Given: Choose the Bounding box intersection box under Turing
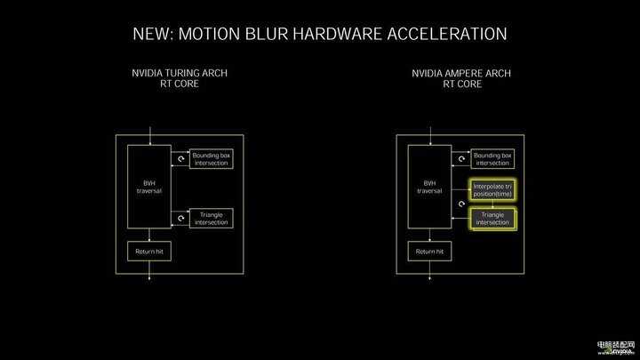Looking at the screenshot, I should [211, 158].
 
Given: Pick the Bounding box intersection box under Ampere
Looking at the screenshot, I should [492, 158].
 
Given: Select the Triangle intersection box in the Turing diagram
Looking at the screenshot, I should [211, 218].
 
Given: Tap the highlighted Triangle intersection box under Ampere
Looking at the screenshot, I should [492, 218].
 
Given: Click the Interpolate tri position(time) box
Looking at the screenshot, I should [492, 188].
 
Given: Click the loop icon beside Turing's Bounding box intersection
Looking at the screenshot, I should [180, 159].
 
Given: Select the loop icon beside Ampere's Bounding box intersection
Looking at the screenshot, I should [461, 159].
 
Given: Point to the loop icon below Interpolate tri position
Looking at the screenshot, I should [461, 204].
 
